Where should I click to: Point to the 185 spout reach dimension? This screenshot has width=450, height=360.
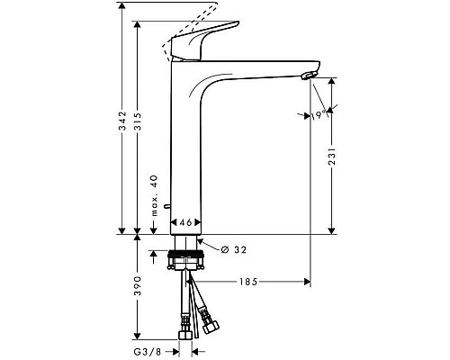[x=249, y=283]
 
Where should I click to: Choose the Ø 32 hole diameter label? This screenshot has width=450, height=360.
[x=233, y=248]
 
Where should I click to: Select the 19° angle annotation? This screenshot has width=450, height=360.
[x=319, y=115]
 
